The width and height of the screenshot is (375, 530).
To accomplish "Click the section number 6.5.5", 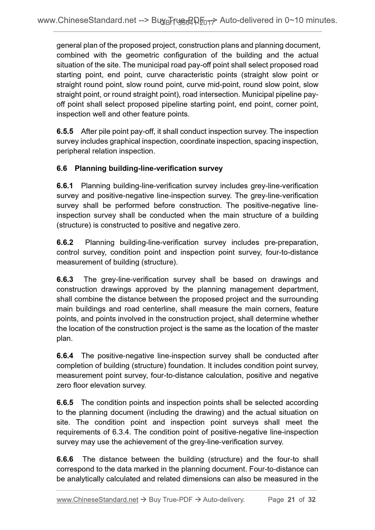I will click(x=65, y=131).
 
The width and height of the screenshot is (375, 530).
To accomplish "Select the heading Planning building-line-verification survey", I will click(x=148, y=169).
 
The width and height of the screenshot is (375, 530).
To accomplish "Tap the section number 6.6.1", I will click(x=65, y=186).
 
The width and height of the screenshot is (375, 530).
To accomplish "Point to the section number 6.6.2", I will click(x=65, y=242).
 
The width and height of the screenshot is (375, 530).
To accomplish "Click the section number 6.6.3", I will click(x=65, y=280).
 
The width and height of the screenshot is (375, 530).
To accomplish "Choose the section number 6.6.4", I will click(x=65, y=356).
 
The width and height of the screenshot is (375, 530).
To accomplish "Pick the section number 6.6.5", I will click(x=65, y=403).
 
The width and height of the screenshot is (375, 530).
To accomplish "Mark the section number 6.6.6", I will click(x=65, y=459).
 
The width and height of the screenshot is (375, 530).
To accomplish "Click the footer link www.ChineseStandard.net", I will click(x=97, y=500).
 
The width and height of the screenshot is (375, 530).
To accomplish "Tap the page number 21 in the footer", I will click(x=291, y=500).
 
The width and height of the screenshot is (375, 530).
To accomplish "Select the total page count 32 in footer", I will click(x=312, y=500).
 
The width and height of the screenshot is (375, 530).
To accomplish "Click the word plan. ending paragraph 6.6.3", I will click(x=64, y=339).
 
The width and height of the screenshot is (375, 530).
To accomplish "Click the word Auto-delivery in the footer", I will click(x=224, y=500).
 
